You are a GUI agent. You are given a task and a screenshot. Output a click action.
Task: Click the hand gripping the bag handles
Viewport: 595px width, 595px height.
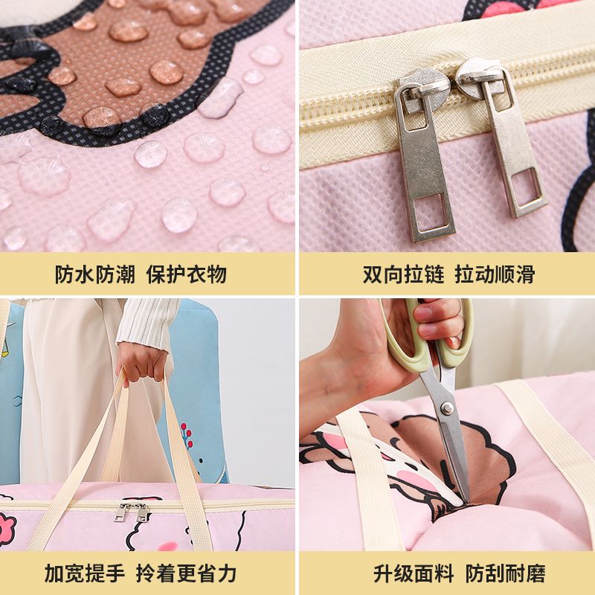point(142,362)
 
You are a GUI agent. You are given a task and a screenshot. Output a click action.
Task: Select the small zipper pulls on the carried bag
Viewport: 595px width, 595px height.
point(132,512)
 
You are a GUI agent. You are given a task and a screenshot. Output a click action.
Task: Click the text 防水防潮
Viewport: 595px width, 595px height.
point(95,274)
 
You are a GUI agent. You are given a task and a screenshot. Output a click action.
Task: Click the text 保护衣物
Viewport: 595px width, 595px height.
point(187,274)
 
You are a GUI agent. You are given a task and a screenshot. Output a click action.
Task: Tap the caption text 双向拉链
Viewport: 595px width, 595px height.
point(403,274)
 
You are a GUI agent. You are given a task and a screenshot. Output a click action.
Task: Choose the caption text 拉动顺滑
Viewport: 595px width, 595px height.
point(495,274)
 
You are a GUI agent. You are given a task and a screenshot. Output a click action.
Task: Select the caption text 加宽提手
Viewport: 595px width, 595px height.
point(85,573)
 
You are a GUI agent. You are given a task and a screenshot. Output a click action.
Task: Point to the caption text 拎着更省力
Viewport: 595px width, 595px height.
point(187,573)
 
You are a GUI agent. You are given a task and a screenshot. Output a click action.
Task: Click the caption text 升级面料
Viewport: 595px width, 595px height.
point(414,573)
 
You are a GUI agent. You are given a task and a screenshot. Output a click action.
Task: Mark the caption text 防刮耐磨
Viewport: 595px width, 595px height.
point(506,573)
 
